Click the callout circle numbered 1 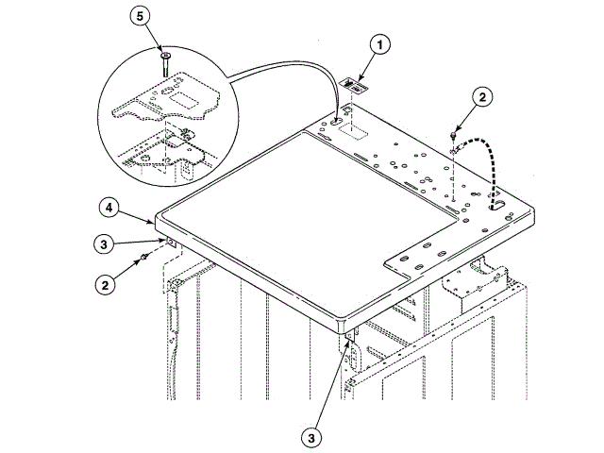coord(378,43)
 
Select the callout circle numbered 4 coord(109,206)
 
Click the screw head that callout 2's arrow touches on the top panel coord(454,138)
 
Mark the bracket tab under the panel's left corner coord(172,243)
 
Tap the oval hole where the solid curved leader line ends coord(338,121)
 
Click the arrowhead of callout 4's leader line coord(155,223)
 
